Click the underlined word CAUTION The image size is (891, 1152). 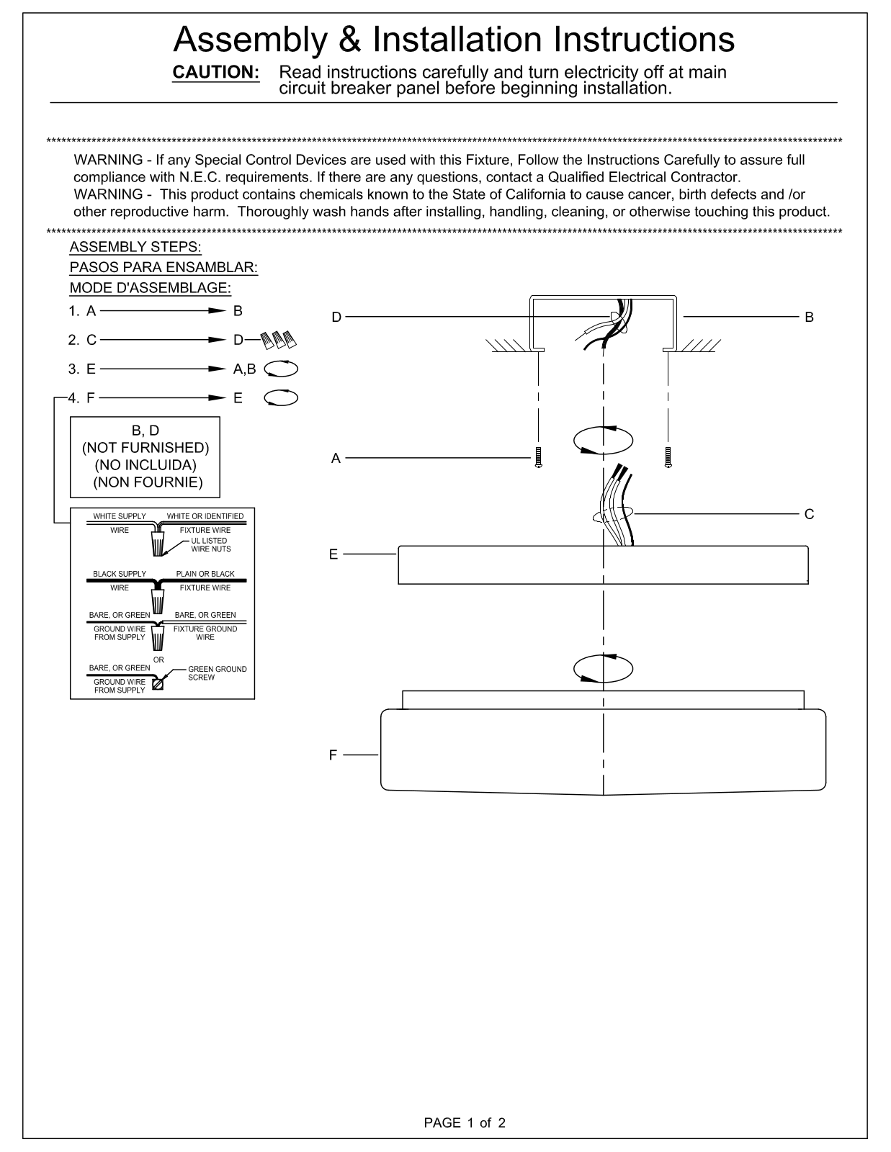pyautogui.click(x=216, y=72)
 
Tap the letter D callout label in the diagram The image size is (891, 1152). pyautogui.click(x=336, y=317)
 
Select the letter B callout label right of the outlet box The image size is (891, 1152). pyautogui.click(x=809, y=317)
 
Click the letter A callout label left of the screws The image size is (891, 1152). pyautogui.click(x=336, y=458)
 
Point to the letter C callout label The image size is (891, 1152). pyautogui.click(x=809, y=514)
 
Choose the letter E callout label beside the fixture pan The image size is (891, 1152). pyautogui.click(x=333, y=554)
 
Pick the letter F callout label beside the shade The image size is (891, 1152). pyautogui.click(x=333, y=755)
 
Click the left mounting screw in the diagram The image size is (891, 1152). pyautogui.click(x=538, y=457)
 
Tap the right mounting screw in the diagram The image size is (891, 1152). pyautogui.click(x=668, y=457)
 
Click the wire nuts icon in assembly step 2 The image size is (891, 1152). pyautogui.click(x=279, y=340)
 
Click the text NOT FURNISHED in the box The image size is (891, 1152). pyautogui.click(x=145, y=448)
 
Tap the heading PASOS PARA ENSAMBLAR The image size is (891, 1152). pyautogui.click(x=164, y=267)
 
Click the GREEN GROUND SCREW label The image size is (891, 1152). pyautogui.click(x=218, y=673)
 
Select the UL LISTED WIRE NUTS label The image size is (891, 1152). pyautogui.click(x=211, y=545)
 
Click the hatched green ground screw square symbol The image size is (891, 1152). pyautogui.click(x=158, y=685)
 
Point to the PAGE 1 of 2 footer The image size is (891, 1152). pyautogui.click(x=465, y=1123)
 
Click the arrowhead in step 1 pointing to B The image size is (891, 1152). pyautogui.click(x=218, y=310)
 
